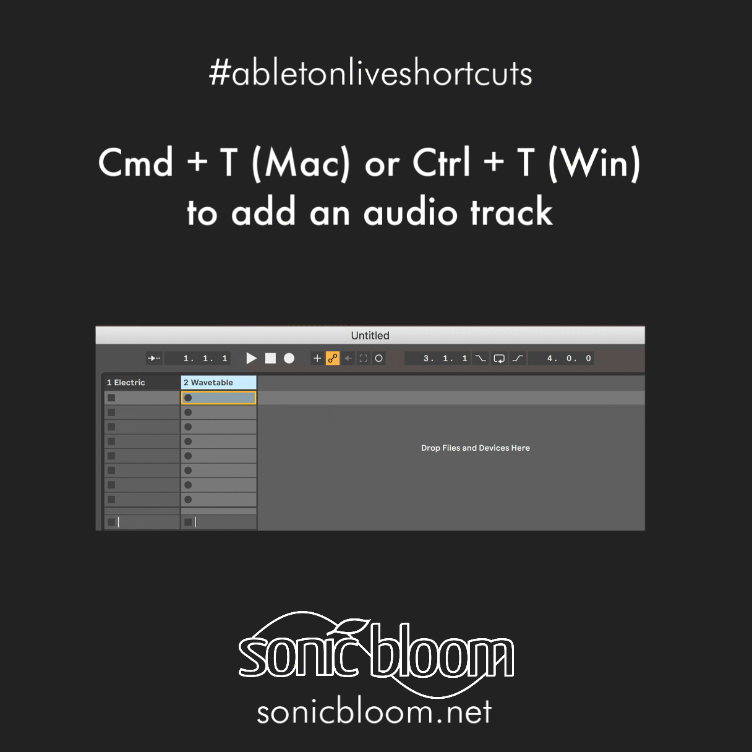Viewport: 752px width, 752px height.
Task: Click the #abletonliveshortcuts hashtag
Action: tap(370, 72)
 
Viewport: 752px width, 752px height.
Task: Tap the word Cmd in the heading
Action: tap(135, 162)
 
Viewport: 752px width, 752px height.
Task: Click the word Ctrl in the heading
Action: tap(441, 162)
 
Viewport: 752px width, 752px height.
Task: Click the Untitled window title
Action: tap(370, 336)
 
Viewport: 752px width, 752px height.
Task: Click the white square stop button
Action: tap(270, 358)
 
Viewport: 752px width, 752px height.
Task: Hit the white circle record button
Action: tap(289, 358)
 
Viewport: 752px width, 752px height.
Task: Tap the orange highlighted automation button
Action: tap(333, 358)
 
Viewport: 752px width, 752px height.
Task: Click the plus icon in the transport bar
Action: tap(317, 358)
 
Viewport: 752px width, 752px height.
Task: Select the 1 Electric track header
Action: tap(142, 382)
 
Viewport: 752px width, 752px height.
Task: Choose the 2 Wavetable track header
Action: tap(218, 382)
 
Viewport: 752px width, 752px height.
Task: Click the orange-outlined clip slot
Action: tap(218, 398)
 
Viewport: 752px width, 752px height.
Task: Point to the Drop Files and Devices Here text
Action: tap(476, 448)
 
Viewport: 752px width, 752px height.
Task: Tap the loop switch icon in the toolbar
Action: tap(499, 358)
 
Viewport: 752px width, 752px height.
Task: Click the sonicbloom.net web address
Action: tap(374, 712)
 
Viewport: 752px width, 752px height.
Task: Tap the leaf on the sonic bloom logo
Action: tap(353, 625)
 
